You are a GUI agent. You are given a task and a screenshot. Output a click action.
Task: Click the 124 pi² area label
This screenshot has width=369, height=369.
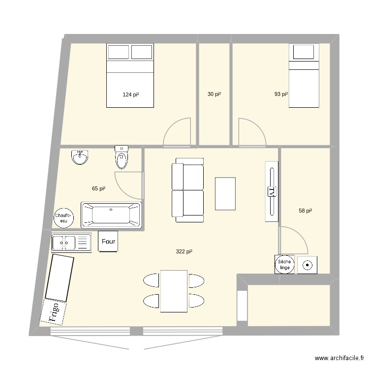click(130, 94)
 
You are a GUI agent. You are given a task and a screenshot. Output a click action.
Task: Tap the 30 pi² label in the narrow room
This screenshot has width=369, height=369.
click(214, 94)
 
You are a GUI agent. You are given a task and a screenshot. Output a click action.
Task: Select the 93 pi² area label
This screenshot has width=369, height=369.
click(281, 94)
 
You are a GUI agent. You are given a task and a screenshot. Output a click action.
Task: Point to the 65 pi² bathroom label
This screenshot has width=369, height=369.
click(99, 188)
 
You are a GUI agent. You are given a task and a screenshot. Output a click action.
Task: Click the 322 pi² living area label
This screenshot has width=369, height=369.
click(184, 252)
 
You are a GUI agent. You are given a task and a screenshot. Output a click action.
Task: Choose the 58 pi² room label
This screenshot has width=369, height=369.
click(306, 211)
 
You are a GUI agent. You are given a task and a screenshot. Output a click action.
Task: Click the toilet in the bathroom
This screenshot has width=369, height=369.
click(121, 156)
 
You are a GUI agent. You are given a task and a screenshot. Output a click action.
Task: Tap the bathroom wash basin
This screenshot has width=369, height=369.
click(79, 157)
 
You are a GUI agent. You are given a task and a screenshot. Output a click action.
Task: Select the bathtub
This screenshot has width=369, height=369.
click(111, 215)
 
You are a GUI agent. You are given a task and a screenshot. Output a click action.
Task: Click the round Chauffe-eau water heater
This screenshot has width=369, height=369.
click(64, 217)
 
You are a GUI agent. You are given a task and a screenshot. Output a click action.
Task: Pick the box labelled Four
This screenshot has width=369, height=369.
click(108, 242)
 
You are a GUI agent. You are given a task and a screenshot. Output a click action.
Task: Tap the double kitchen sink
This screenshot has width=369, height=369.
click(71, 243)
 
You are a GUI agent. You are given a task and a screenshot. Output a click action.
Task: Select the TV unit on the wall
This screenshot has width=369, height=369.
click(271, 192)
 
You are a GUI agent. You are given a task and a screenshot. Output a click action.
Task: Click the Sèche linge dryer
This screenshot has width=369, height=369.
click(284, 265)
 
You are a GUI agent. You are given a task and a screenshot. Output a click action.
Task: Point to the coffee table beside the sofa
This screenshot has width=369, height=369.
click(225, 193)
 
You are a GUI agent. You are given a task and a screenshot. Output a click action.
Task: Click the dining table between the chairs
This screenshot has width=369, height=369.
click(174, 290)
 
